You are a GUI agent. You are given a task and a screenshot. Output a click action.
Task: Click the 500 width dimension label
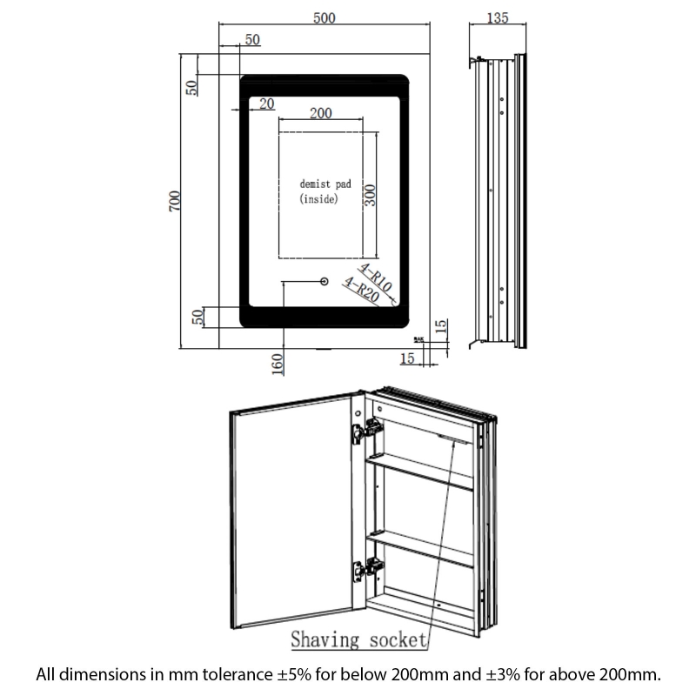coord(327,19)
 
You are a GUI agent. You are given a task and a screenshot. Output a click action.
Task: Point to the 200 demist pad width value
coord(320,113)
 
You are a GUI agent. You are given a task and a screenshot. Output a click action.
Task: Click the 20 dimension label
coord(266,104)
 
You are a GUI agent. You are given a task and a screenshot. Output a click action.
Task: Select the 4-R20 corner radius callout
coord(360,290)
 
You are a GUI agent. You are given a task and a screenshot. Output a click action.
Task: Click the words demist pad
coord(325,184)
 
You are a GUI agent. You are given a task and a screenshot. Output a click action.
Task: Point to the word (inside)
coord(318,199)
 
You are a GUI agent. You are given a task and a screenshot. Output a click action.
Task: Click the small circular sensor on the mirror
coord(324,282)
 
